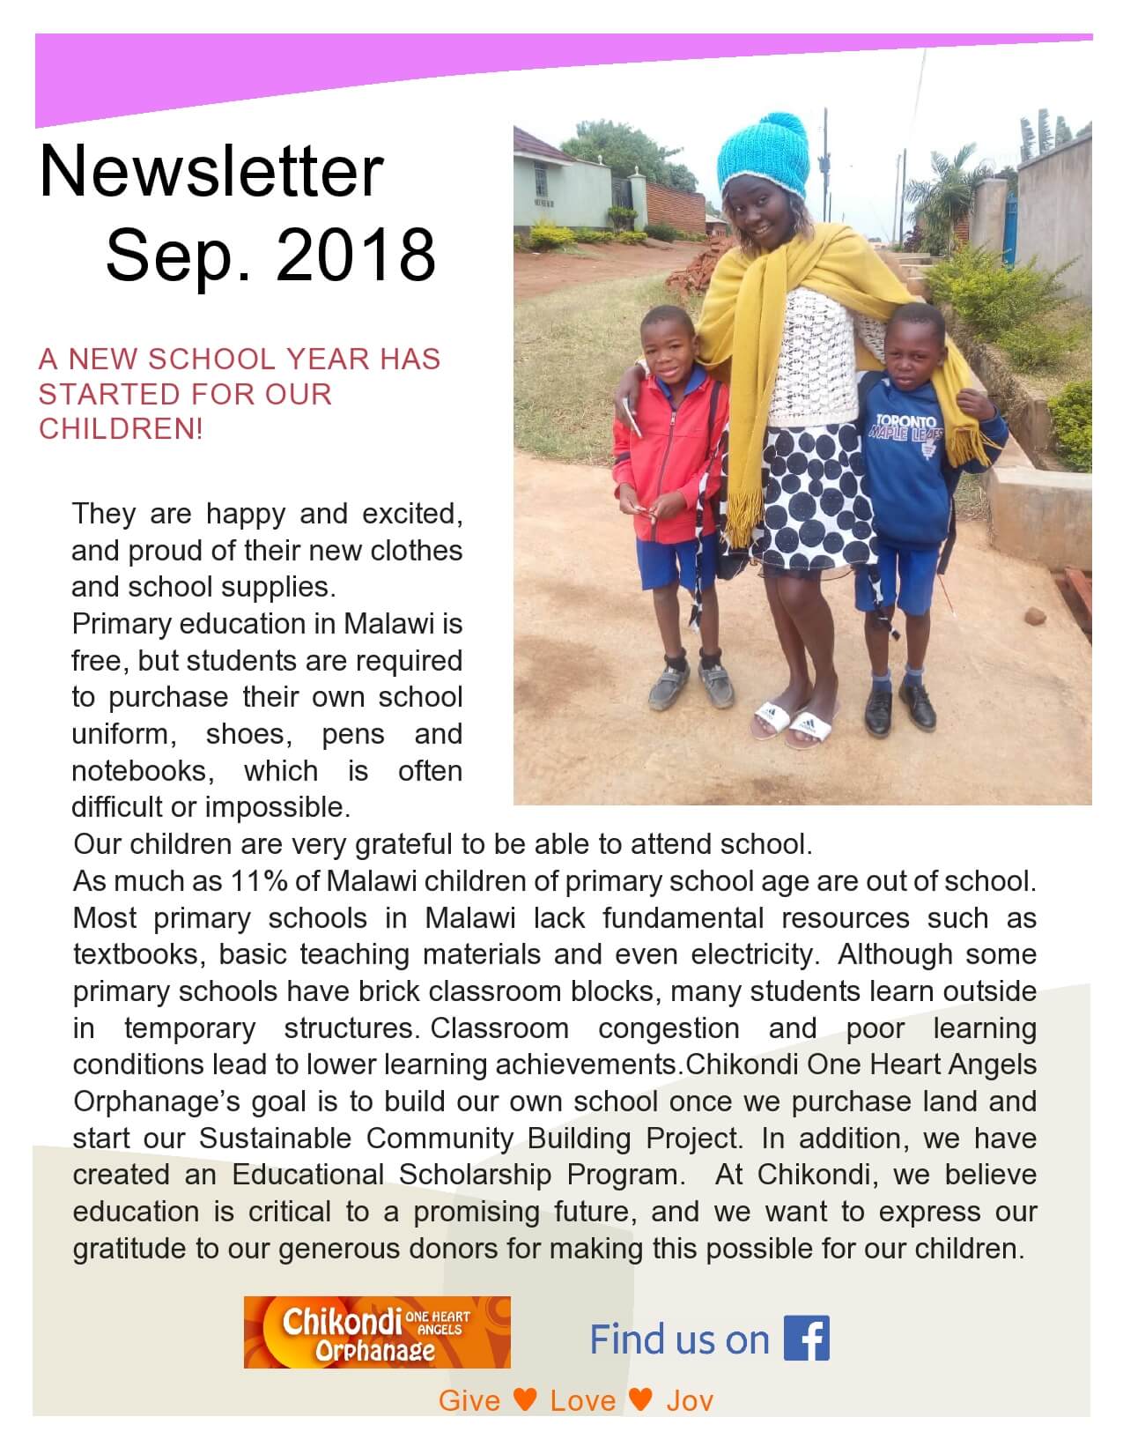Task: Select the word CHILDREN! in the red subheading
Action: coord(121,428)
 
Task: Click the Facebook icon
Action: coord(807,1339)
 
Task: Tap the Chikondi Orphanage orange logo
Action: coord(377,1332)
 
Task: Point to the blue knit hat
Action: coord(763,156)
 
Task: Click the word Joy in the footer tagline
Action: coord(690,1400)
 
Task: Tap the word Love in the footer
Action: coord(583,1400)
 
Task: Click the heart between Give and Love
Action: coord(525,1399)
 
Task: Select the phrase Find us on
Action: coord(679,1339)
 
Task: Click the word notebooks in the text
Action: coord(139,771)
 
